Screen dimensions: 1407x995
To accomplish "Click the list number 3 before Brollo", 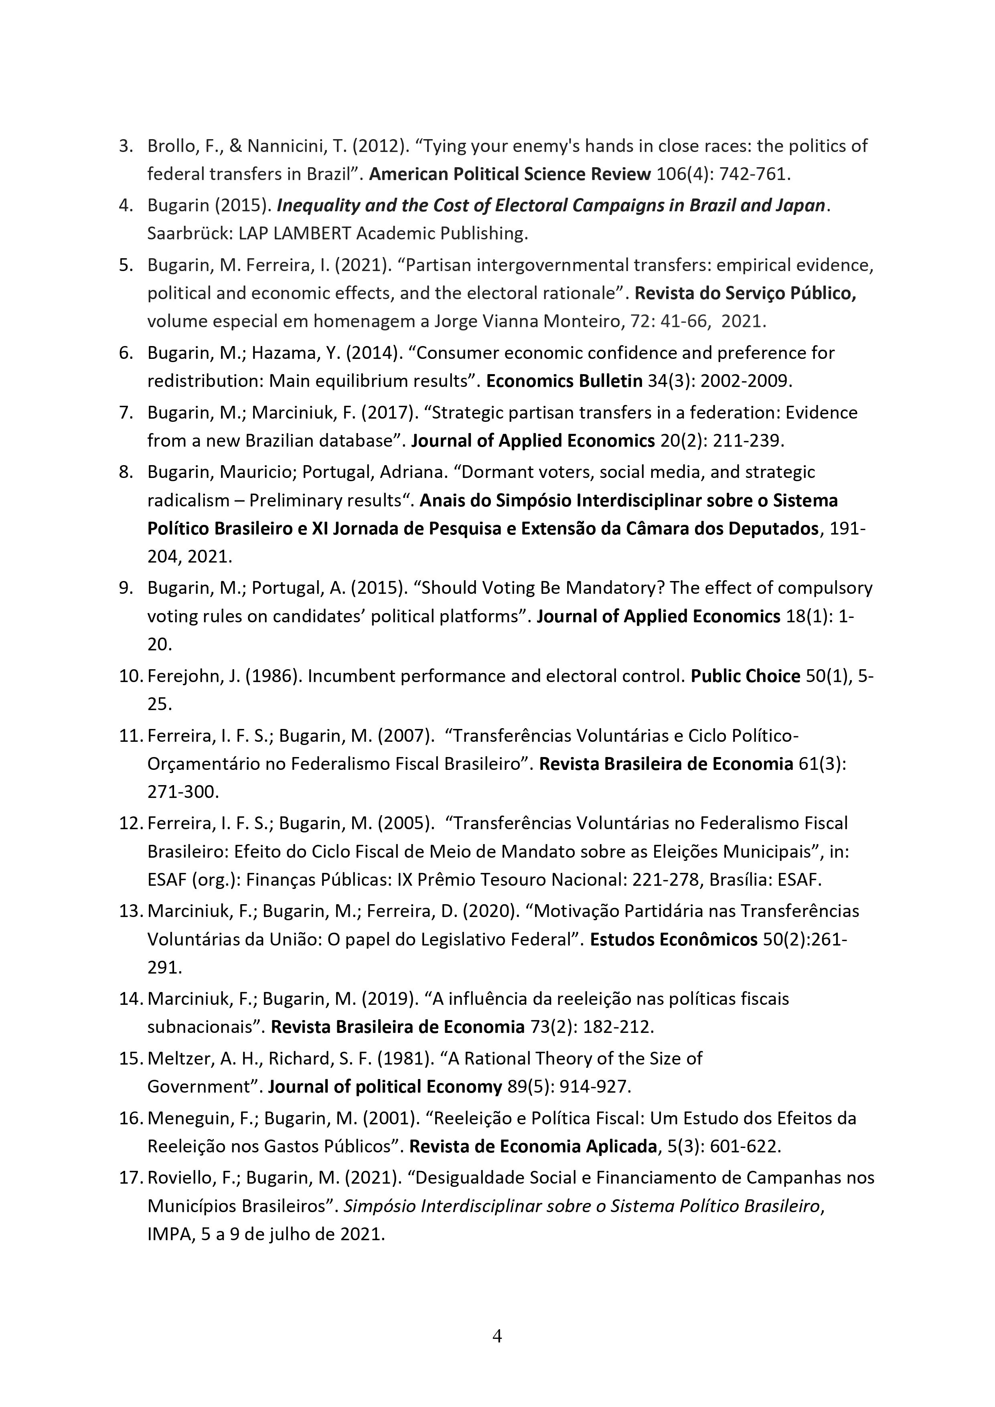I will pos(125,146).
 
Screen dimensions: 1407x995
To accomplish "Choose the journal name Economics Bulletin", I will pos(564,381).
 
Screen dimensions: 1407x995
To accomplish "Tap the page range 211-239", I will pos(748,441).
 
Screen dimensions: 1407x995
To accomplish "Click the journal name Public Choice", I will pos(746,676).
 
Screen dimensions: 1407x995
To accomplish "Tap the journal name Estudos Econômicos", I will pos(673,939).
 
